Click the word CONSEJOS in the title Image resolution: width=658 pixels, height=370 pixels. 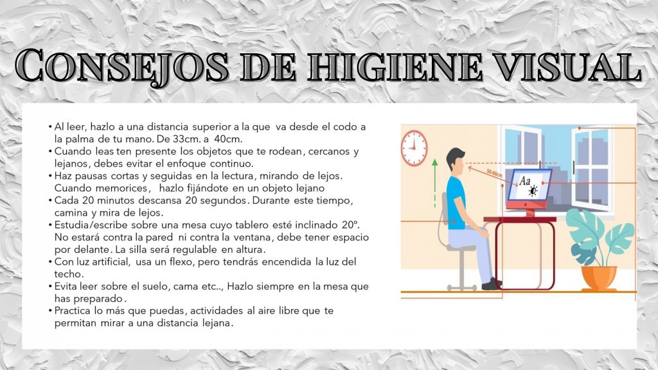coord(121,67)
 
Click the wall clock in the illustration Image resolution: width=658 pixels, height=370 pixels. coord(414,148)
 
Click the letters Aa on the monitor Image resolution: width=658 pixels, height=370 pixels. coord(524,181)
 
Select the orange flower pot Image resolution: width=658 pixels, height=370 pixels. coord(598,278)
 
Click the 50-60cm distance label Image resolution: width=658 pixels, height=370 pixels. coord(495,173)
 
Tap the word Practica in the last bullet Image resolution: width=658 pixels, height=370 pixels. coord(72,311)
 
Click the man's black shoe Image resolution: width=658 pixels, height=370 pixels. coord(492,284)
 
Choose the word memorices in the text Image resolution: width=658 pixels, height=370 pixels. coord(121,188)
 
